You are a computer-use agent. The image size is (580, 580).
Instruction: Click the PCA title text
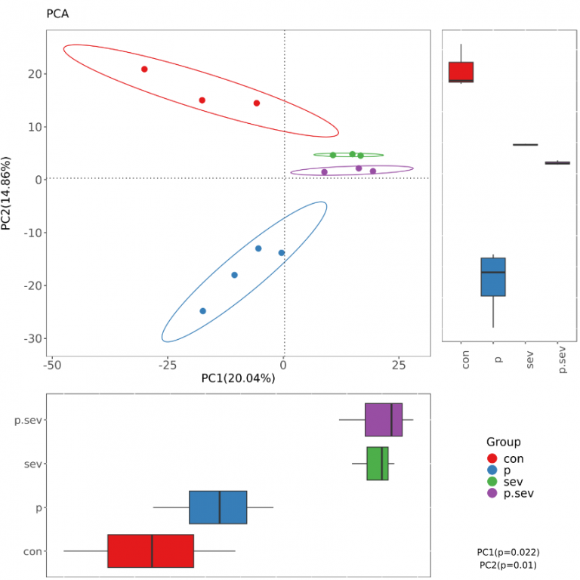[x=57, y=14]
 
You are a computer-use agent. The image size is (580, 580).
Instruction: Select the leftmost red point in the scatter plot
[x=144, y=69]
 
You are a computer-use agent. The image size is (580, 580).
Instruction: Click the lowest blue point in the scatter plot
[x=202, y=311]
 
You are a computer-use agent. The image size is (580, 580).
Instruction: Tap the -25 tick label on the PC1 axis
[x=168, y=366]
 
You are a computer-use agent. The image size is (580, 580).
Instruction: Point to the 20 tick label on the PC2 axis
[x=34, y=74]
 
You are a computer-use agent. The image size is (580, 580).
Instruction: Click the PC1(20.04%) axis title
[x=238, y=378]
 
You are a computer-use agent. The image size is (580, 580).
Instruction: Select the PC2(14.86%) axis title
[x=8, y=194]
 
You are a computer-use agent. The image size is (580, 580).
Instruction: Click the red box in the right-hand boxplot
[x=461, y=72]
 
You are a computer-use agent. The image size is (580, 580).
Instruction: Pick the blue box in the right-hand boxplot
[x=493, y=276]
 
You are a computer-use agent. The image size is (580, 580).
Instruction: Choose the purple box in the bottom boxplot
[x=384, y=420]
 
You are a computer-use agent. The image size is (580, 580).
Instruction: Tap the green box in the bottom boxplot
[x=378, y=464]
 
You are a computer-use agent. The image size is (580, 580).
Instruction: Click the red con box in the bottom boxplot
[x=151, y=551]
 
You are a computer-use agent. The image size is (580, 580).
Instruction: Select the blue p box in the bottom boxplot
[x=217, y=507]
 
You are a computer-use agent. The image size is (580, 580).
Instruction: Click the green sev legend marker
[x=492, y=481]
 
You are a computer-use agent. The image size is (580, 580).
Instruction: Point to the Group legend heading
[x=503, y=443]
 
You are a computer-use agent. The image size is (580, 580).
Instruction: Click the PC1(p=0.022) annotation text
[x=508, y=552]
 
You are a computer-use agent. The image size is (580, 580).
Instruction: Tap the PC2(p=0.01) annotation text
[x=508, y=565]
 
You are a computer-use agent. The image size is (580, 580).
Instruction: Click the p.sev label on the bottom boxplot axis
[x=28, y=421]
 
